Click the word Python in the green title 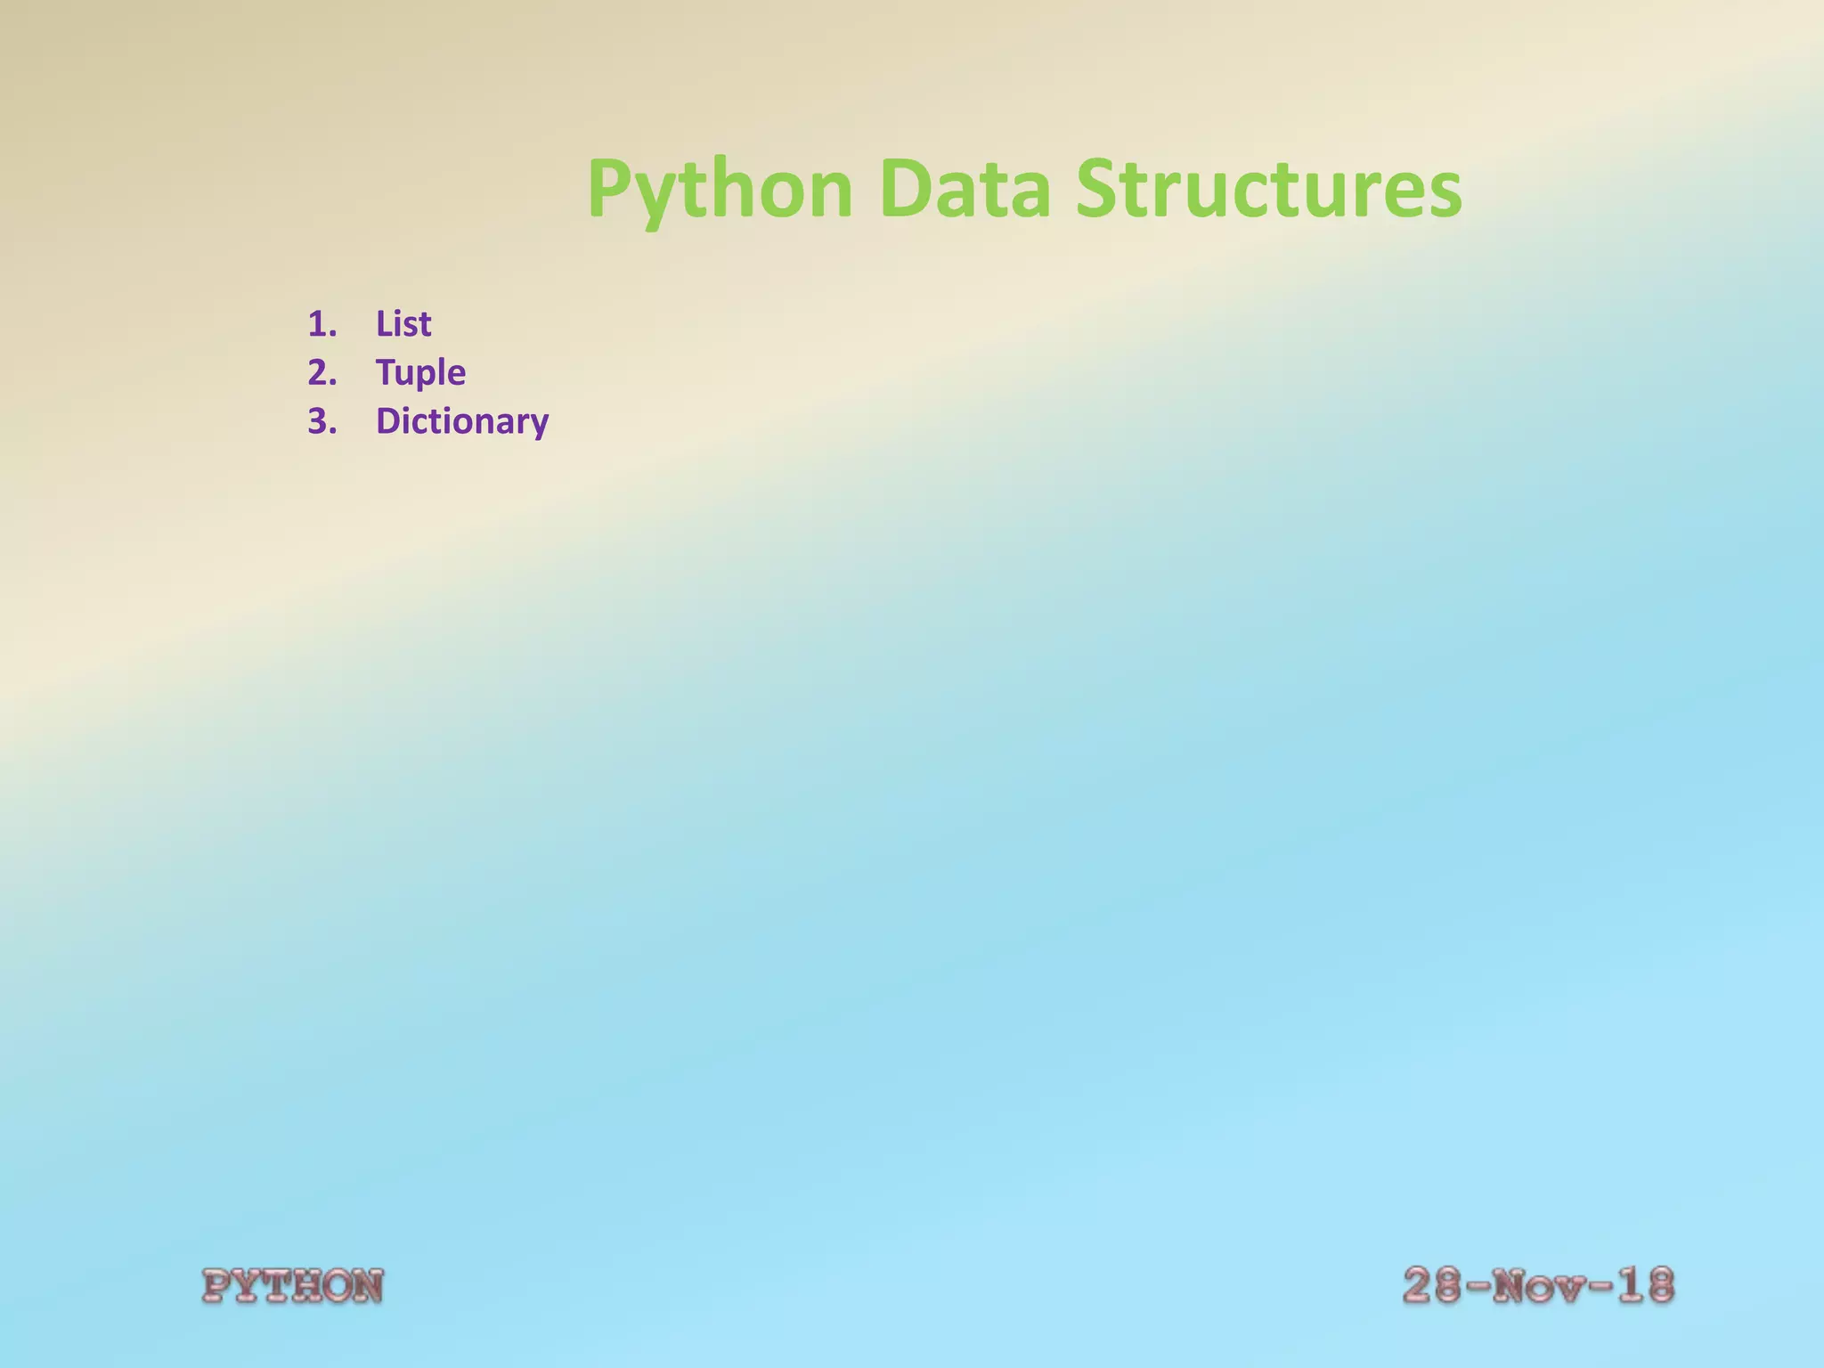click(x=720, y=189)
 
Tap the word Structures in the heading click(x=1268, y=189)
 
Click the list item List click(x=403, y=323)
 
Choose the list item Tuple click(x=420, y=372)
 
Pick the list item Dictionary click(x=462, y=420)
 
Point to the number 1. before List click(x=322, y=323)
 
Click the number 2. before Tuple click(x=322, y=372)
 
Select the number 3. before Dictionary click(x=322, y=420)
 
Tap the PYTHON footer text click(x=293, y=1286)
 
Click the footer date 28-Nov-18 click(x=1538, y=1286)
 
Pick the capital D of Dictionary click(x=389, y=420)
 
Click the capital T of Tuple click(x=387, y=372)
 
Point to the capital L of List click(x=384, y=323)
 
